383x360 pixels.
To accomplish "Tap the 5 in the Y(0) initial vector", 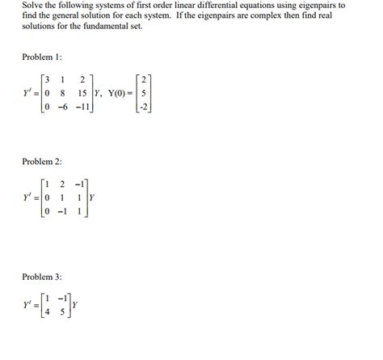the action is click(x=143, y=93).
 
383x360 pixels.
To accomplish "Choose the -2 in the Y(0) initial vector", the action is click(x=142, y=106).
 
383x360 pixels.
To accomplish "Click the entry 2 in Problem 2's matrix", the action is click(x=62, y=184).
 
